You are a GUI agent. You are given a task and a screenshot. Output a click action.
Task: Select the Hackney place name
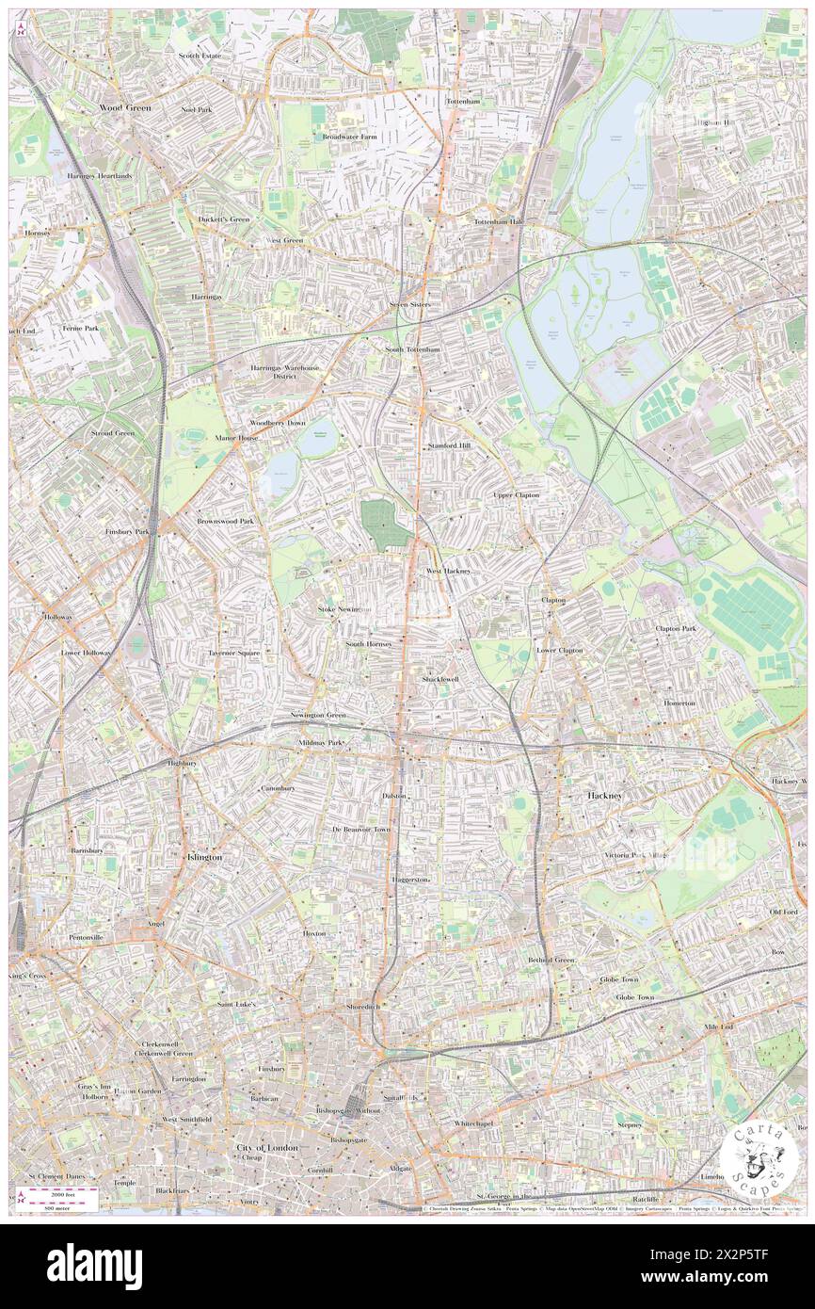(604, 796)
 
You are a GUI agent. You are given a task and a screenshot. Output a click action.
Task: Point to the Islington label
(204, 858)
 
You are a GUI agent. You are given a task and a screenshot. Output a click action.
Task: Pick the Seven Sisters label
(410, 305)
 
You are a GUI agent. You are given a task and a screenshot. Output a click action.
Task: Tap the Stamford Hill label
(449, 446)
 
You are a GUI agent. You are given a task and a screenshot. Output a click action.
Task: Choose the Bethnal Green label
(551, 960)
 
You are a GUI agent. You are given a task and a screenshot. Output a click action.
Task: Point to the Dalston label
(394, 796)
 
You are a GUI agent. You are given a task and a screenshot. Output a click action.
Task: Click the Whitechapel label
(473, 1123)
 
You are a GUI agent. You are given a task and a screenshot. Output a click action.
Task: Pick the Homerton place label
(679, 703)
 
